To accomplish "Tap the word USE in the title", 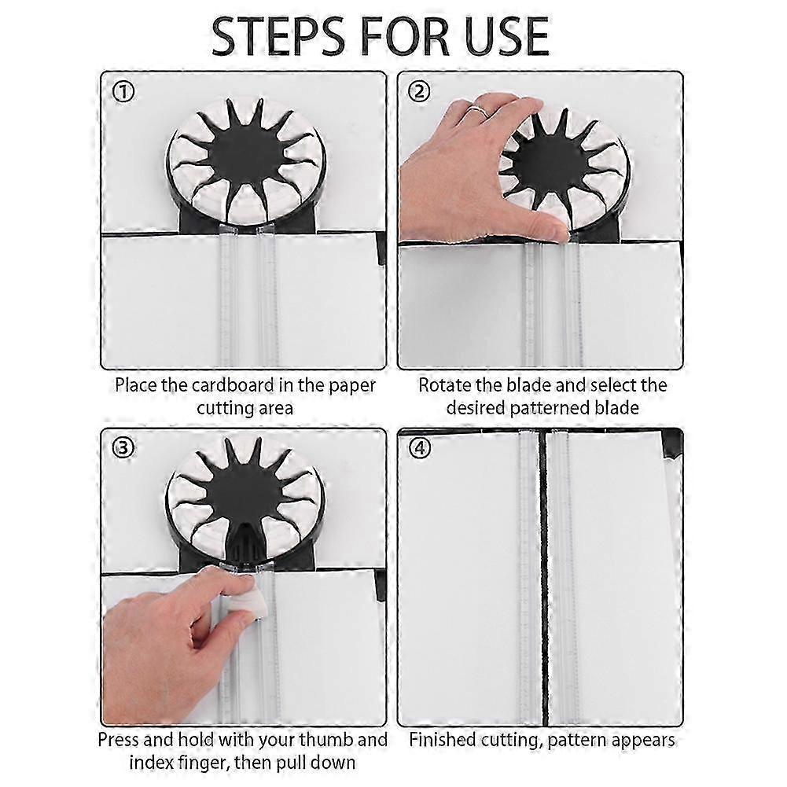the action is click(507, 36).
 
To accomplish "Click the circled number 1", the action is click(123, 92).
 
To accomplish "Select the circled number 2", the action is click(420, 92).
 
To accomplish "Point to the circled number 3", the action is click(123, 447).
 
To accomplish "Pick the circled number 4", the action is click(420, 447).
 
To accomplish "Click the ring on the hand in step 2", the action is click(480, 110).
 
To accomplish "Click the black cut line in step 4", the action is click(542, 577).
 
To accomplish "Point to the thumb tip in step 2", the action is click(557, 232).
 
